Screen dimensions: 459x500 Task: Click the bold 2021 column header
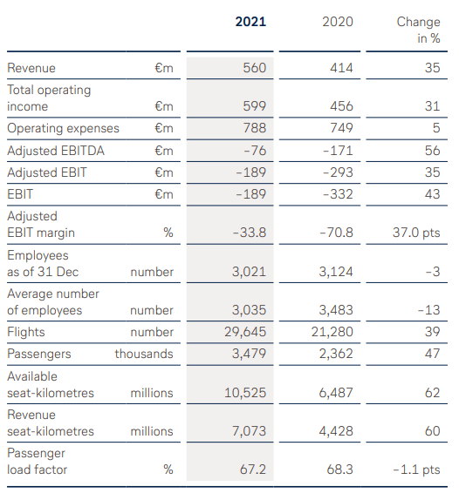250,22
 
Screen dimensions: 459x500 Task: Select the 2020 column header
338,22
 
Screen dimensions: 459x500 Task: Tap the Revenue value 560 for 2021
254,68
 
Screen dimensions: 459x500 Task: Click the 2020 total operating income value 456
341,106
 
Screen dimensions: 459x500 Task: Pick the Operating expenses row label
63,128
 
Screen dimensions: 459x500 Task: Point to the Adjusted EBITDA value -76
255,151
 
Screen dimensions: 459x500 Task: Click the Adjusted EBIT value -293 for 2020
338,172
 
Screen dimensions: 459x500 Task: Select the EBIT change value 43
433,194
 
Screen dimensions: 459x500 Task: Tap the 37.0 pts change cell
416,233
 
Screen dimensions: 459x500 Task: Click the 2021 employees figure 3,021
249,272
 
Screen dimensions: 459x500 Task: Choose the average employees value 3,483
336,310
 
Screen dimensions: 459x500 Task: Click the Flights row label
26,332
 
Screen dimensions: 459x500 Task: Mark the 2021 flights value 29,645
245,332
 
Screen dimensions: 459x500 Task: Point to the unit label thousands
144,354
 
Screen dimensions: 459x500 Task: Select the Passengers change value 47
433,354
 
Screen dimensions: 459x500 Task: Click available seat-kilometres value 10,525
245,393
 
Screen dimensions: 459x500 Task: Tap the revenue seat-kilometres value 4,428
336,431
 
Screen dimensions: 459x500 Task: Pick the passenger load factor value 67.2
253,470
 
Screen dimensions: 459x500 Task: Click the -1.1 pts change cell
416,470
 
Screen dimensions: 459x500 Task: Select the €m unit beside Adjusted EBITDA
164,151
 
